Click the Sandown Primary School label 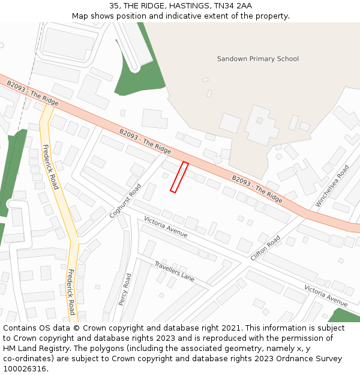257,59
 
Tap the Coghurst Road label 125,201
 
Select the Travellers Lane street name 174,271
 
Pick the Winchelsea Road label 332,186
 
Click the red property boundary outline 179,177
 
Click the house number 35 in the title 114,6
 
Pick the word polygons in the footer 101,349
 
